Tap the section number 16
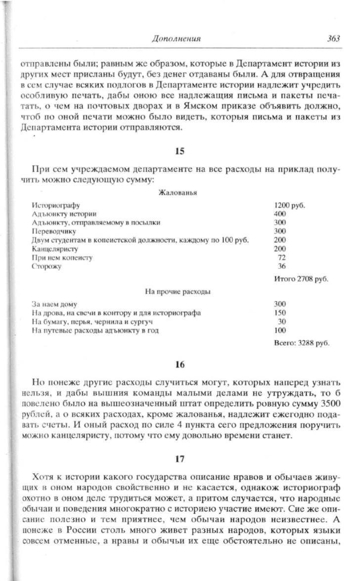pos(180,365)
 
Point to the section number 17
pos(180,458)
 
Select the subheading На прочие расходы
pos(178,292)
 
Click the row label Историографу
pos(55,205)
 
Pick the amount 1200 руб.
pos(289,205)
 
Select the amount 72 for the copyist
pos(282,258)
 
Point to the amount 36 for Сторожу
pos(282,267)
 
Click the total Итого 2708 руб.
pos(301,279)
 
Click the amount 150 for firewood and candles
pos(280,313)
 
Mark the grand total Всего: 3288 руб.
pos(301,342)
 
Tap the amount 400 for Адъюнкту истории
pos(280,214)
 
